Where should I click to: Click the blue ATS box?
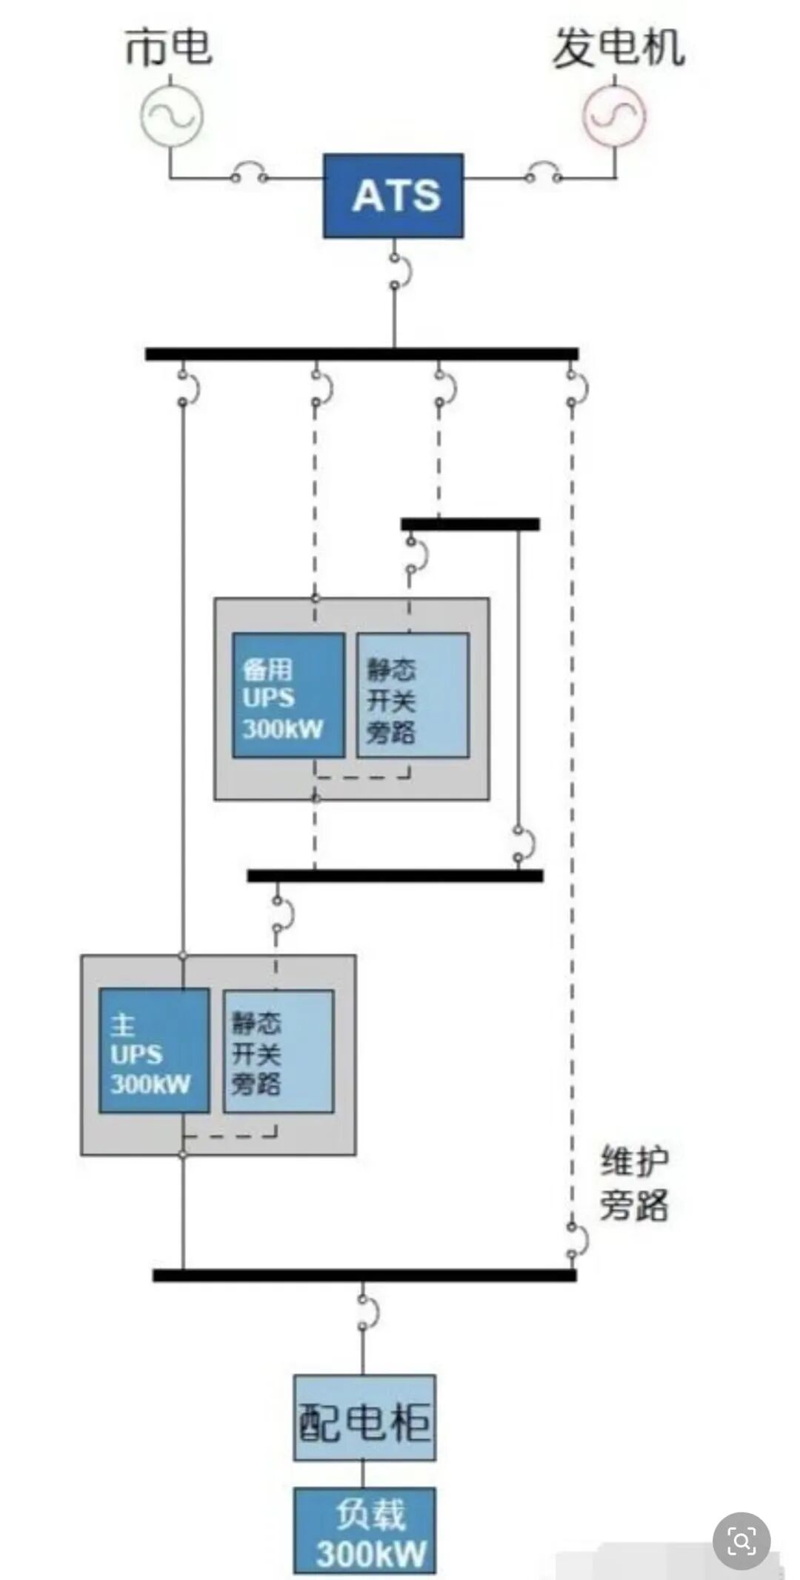pos(393,196)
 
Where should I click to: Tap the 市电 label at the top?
pos(169,47)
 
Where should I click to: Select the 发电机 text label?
pos(619,49)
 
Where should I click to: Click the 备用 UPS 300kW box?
pos(288,695)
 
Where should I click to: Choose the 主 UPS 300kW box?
pos(154,1050)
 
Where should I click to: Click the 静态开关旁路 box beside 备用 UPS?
pos(413,695)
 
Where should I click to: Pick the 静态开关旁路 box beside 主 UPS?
pos(279,1050)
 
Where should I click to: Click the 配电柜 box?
pos(364,1418)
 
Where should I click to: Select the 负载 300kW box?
pos(364,1530)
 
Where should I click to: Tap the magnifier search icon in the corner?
pos(741,1541)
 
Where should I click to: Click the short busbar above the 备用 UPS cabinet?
pos(470,524)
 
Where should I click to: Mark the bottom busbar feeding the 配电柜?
pos(364,1276)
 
